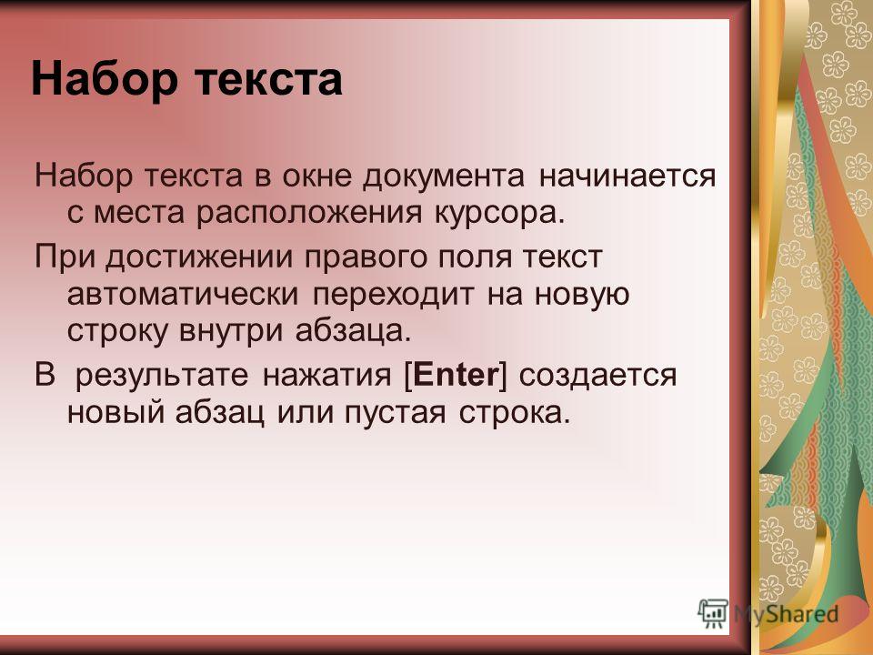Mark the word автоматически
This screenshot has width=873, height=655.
(x=183, y=295)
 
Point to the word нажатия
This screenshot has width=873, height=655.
(x=327, y=376)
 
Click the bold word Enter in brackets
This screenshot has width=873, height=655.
(x=456, y=374)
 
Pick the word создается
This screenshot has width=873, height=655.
(x=598, y=376)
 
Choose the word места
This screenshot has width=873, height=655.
(x=138, y=214)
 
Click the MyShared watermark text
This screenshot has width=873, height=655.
(x=786, y=614)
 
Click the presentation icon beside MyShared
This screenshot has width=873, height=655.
(x=713, y=614)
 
